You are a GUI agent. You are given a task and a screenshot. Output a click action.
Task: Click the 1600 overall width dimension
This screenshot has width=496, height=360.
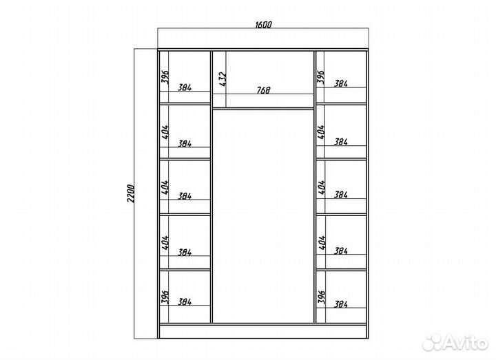[263, 25]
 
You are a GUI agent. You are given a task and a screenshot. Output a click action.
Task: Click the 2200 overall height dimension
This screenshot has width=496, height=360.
[131, 193]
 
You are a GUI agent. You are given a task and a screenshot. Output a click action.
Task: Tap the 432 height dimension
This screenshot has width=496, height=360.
[223, 79]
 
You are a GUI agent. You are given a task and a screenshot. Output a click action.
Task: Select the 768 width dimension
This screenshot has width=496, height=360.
[263, 90]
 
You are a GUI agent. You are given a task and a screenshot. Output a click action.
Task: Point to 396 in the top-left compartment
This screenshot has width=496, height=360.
[165, 77]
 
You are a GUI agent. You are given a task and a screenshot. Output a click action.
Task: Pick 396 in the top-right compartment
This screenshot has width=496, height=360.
[321, 77]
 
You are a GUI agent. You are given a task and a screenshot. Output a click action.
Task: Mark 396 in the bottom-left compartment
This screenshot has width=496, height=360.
[165, 297]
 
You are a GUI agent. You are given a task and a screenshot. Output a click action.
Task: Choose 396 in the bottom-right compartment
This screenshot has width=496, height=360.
[321, 297]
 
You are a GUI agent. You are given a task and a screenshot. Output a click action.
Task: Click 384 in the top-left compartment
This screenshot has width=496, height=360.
[185, 87]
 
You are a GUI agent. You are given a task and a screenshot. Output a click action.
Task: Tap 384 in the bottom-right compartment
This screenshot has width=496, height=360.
[341, 304]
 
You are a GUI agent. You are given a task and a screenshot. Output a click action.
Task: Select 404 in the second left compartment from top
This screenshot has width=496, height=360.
[165, 131]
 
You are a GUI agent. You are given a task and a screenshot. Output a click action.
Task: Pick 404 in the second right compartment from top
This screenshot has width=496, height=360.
[321, 131]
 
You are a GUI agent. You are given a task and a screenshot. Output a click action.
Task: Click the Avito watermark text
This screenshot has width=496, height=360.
[455, 342]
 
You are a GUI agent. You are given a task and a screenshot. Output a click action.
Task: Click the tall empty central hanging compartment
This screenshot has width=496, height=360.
[263, 216]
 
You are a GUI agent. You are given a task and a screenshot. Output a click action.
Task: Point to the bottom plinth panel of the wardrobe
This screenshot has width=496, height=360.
[263, 331]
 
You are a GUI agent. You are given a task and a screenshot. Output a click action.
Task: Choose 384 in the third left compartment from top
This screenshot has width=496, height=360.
[185, 196]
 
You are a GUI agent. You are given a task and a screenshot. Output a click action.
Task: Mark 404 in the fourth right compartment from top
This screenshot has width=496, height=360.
[322, 242]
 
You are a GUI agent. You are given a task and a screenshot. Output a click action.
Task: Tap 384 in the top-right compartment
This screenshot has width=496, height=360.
[341, 83]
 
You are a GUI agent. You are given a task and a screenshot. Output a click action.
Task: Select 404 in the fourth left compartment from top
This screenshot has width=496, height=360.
[165, 242]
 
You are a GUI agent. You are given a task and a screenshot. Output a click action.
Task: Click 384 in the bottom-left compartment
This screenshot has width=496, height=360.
[185, 302]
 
